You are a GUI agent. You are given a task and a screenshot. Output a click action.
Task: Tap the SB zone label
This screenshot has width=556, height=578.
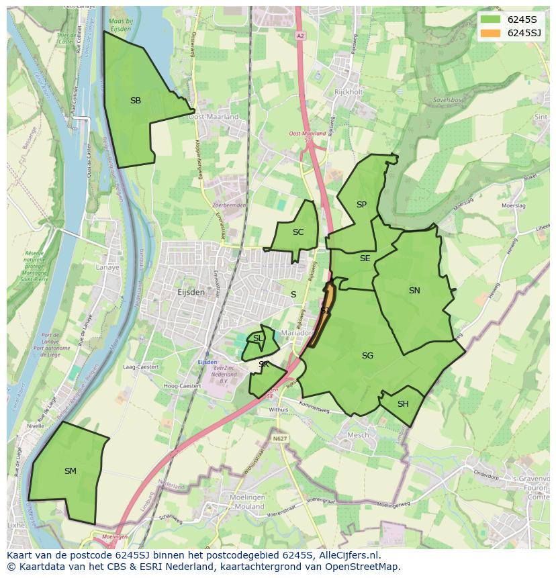point(136,101)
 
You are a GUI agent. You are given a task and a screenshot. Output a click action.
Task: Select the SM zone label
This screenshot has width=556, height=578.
point(71,471)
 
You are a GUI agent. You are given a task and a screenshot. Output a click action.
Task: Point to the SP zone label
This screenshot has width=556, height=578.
point(361,205)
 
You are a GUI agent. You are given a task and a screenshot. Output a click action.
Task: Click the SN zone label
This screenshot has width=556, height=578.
point(414,291)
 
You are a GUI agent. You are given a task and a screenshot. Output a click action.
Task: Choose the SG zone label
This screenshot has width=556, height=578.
point(367,356)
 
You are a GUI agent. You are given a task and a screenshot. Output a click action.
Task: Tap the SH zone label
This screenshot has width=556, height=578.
point(403,404)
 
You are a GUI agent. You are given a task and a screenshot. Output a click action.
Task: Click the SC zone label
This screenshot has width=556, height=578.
point(298,232)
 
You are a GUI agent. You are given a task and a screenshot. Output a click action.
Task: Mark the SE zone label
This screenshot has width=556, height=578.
point(365,258)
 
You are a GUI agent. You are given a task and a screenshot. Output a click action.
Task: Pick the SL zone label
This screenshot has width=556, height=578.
point(258,338)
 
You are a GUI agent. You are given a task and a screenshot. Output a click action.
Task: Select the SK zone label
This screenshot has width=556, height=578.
point(263,365)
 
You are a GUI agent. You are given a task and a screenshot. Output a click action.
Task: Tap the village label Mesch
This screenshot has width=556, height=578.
point(357,435)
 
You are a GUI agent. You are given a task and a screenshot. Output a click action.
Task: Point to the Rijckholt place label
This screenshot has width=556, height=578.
point(349,92)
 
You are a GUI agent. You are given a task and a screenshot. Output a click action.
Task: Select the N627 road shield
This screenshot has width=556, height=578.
point(280,438)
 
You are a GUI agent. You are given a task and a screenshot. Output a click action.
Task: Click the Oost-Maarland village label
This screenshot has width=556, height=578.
point(214,117)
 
